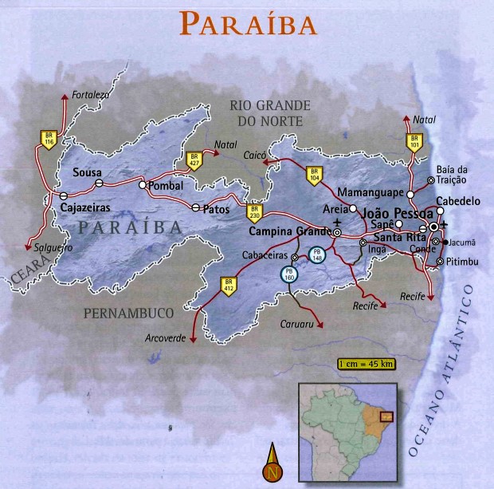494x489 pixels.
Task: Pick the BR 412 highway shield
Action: (x=229, y=285)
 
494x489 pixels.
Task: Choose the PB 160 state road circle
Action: (x=288, y=274)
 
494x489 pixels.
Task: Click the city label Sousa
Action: (x=86, y=172)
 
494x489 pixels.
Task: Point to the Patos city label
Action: (x=216, y=209)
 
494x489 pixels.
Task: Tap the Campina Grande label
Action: (x=288, y=232)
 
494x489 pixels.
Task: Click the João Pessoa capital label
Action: (x=391, y=215)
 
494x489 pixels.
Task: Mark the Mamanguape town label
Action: (x=370, y=193)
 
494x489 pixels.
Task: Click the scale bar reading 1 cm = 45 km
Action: (x=366, y=365)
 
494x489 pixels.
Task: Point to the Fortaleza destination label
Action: (x=90, y=94)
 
